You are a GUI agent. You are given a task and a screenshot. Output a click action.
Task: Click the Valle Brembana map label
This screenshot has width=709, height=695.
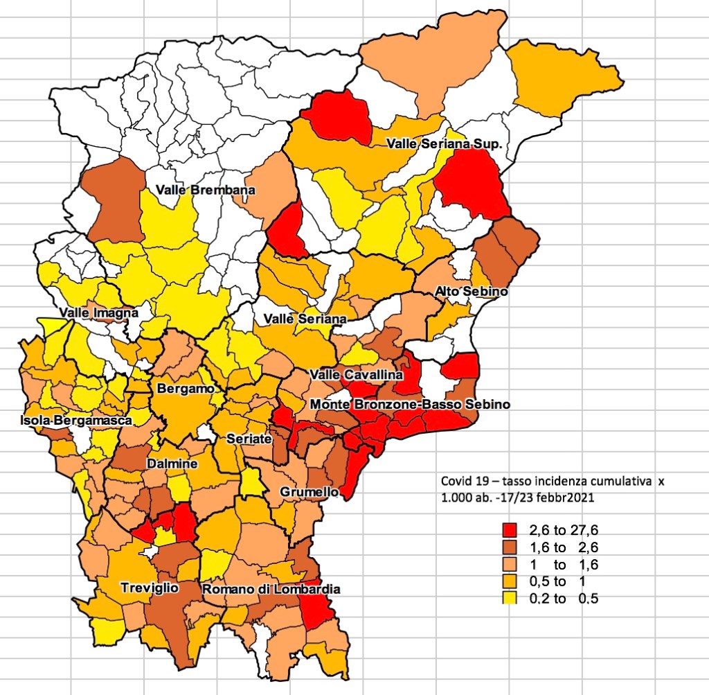click(205, 190)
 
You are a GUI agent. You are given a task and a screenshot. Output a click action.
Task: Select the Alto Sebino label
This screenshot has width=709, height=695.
click(471, 292)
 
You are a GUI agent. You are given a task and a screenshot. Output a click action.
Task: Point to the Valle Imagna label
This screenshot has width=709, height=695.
click(98, 313)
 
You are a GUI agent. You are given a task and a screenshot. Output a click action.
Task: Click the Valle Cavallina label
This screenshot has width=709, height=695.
click(357, 375)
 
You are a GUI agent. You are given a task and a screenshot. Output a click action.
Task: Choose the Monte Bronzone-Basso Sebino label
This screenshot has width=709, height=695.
click(410, 404)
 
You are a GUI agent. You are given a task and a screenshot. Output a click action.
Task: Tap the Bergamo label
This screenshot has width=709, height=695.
click(186, 389)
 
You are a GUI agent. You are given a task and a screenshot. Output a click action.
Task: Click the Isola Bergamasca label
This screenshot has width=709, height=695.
click(76, 421)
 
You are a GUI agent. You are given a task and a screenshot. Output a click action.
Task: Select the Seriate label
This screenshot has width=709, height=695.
click(249, 439)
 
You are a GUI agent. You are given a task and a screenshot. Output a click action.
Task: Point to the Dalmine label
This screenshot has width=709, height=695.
click(172, 464)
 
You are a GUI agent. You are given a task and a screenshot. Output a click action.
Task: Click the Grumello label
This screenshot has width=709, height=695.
click(309, 491)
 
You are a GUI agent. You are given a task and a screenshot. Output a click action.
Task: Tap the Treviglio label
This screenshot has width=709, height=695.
click(150, 588)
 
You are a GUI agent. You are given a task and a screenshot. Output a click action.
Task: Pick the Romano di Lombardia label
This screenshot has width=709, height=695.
click(271, 589)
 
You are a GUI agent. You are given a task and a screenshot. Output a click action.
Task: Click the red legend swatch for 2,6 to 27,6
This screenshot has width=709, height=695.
click(510, 531)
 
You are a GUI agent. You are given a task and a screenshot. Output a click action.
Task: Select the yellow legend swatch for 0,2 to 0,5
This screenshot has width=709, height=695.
click(510, 598)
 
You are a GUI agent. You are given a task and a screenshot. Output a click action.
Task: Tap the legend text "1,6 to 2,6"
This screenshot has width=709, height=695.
click(564, 548)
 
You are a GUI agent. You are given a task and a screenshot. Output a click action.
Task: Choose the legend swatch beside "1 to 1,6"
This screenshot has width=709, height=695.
click(510, 565)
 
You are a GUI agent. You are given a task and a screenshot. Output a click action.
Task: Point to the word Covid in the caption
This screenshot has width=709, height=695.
click(454, 480)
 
